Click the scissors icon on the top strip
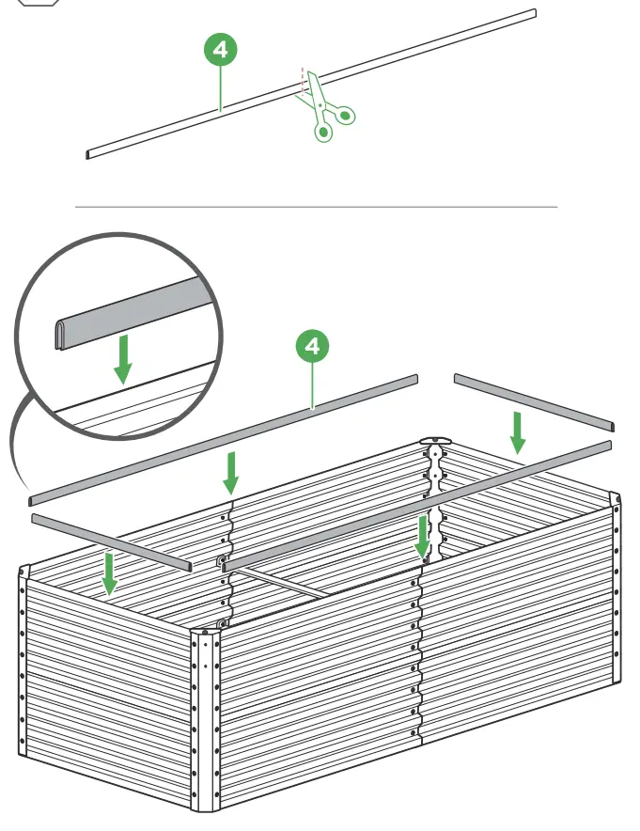(327, 109)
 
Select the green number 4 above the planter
(312, 346)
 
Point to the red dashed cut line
(303, 79)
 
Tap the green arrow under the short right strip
(517, 431)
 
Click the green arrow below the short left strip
(110, 572)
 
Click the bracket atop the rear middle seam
(434, 442)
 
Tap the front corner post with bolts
(205, 714)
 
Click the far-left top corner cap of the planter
(24, 570)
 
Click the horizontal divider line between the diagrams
(316, 206)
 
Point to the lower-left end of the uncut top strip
(89, 152)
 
